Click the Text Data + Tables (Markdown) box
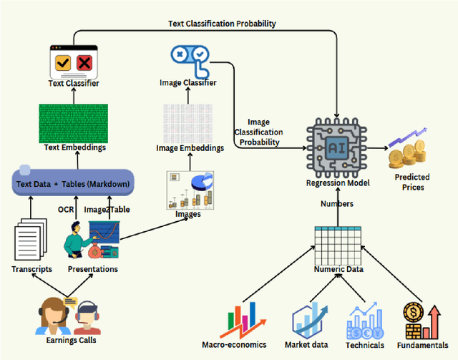73,184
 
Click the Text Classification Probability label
222,24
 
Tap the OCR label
67,210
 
